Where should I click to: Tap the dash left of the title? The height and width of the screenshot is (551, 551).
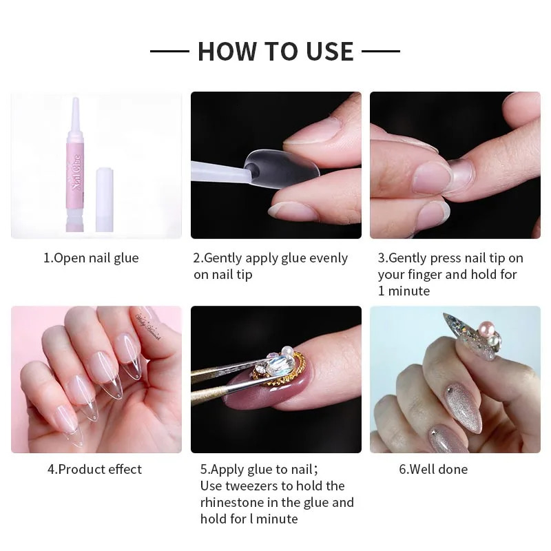pyautogui.click(x=169, y=51)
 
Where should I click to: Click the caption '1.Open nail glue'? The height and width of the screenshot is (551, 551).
pyautogui.click(x=91, y=258)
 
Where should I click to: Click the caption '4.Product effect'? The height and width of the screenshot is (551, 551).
pyautogui.click(x=94, y=470)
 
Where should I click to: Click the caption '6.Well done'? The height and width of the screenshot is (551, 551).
pyautogui.click(x=433, y=470)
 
